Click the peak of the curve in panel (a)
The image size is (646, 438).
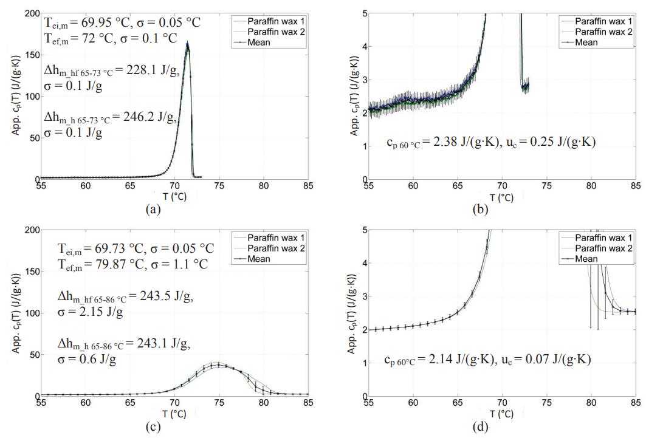(187, 42)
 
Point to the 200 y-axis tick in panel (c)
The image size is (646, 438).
(30, 230)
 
